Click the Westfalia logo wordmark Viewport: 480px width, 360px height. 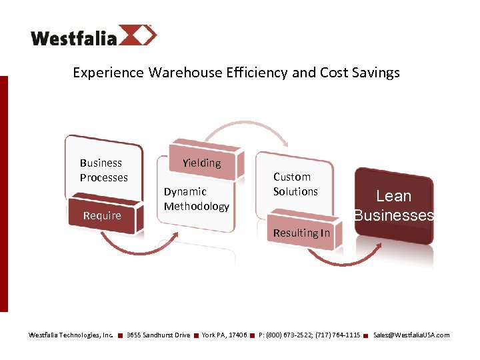tap(73, 37)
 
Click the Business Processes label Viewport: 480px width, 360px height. tap(103, 170)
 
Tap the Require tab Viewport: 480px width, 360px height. tap(102, 215)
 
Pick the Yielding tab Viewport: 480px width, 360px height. tap(201, 163)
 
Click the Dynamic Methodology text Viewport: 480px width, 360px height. tap(196, 199)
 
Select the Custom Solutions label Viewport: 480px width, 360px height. tap(295, 184)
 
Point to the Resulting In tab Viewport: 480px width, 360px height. tap(301, 233)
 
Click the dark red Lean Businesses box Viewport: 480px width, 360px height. tap(393, 205)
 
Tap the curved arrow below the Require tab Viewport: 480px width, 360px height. tap(141, 248)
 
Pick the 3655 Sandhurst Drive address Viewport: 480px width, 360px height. tap(158, 335)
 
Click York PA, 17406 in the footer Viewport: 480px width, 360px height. tap(224, 335)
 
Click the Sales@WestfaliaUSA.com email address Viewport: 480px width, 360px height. tap(411, 335)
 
